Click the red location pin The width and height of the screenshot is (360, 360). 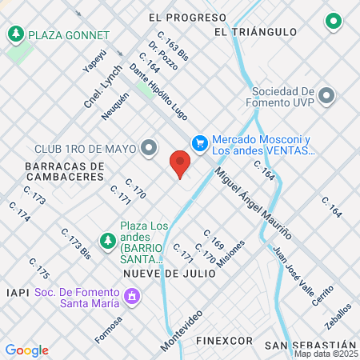[180, 164]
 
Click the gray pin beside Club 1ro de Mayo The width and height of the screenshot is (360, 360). [148, 147]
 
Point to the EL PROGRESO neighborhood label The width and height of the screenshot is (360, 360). [188, 17]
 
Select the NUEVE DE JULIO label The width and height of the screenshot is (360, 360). [170, 273]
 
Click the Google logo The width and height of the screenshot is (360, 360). [26, 350]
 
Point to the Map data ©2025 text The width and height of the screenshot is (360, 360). [325, 354]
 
